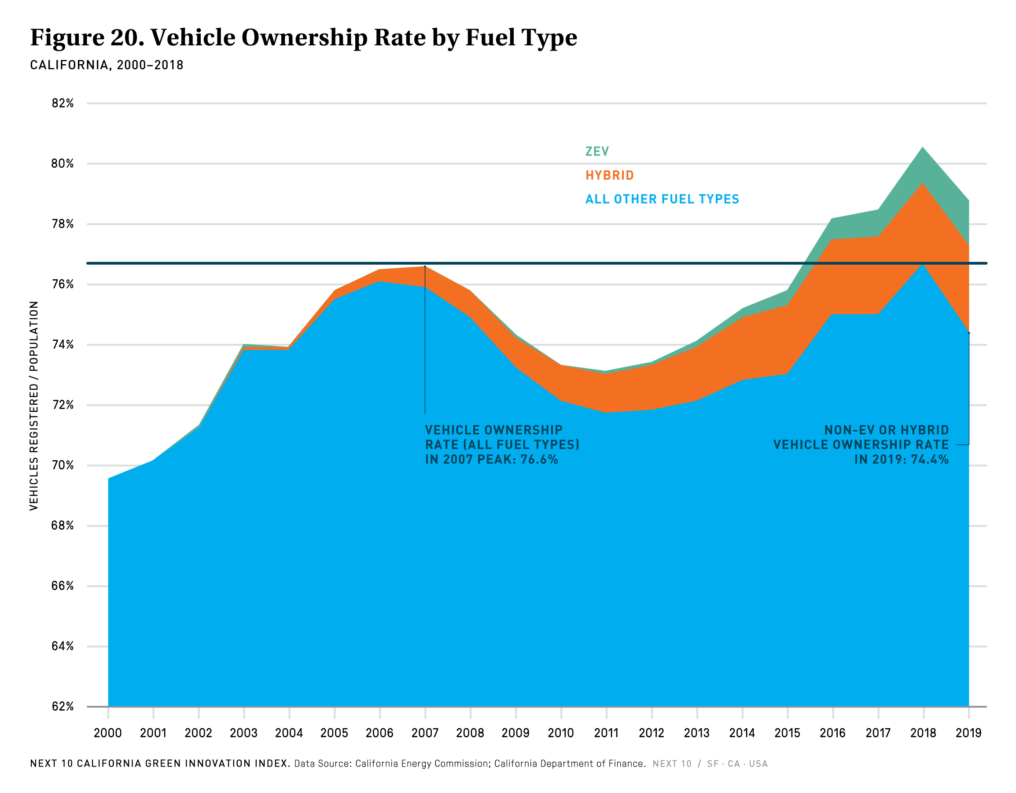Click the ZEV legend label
pyautogui.click(x=597, y=152)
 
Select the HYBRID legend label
pyautogui.click(x=609, y=175)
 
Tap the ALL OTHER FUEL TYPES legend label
pyautogui.click(x=662, y=199)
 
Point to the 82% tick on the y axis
pyautogui.click(x=63, y=103)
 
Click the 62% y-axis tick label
pyautogui.click(x=63, y=706)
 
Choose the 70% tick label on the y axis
pyautogui.click(x=63, y=465)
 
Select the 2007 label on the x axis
pyautogui.click(x=425, y=733)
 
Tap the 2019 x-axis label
pyautogui.click(x=968, y=733)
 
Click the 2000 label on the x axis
pyautogui.click(x=107, y=733)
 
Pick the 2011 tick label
pyautogui.click(x=606, y=733)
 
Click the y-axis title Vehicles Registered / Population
pyautogui.click(x=34, y=406)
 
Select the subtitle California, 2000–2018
pyautogui.click(x=107, y=65)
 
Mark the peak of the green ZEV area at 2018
pyautogui.click(x=923, y=148)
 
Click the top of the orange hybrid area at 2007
pyautogui.click(x=425, y=267)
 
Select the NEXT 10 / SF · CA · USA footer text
pyautogui.click(x=710, y=763)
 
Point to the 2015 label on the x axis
pyautogui.click(x=787, y=733)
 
